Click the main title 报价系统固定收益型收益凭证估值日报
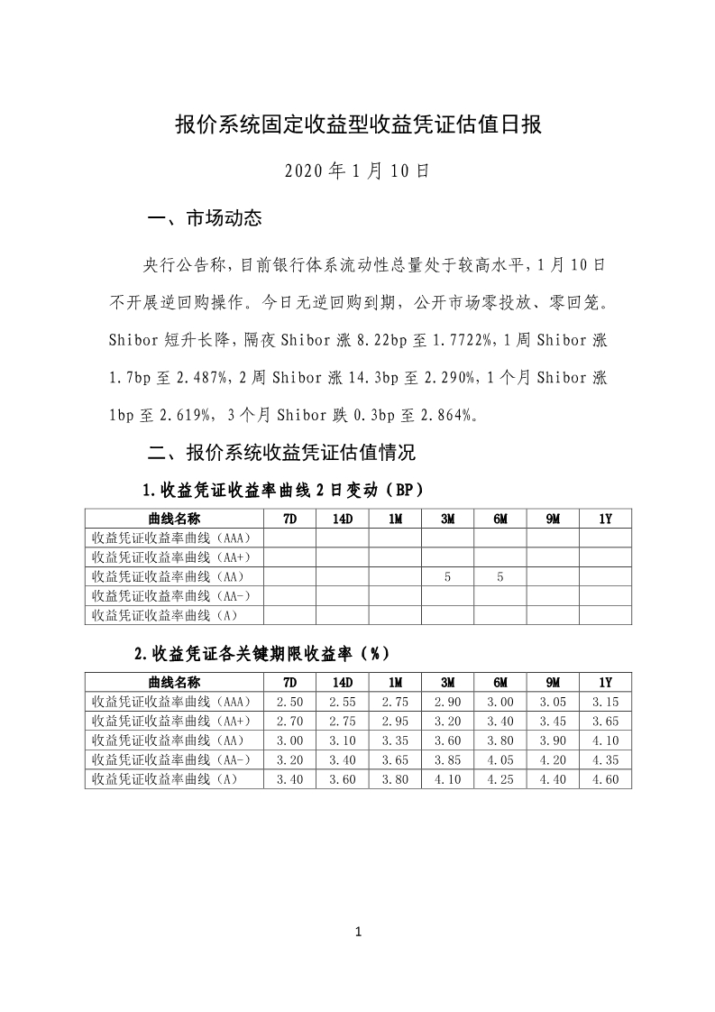pyautogui.click(x=357, y=124)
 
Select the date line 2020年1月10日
pyautogui.click(x=357, y=170)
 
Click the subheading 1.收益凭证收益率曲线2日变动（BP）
pyautogui.click(x=282, y=490)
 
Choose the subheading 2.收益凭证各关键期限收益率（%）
pyautogui.click(x=261, y=653)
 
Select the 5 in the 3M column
pyautogui.click(x=448, y=576)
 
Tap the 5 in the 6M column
pyautogui.click(x=500, y=576)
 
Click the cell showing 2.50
pyautogui.click(x=289, y=701)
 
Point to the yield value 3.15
pyautogui.click(x=605, y=701)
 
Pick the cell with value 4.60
pyautogui.click(x=605, y=780)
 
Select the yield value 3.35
pyautogui.click(x=395, y=741)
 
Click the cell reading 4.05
pyautogui.click(x=500, y=760)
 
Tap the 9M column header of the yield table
pyautogui.click(x=553, y=681)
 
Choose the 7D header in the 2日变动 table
pyautogui.click(x=289, y=518)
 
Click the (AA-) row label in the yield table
pyautogui.click(x=171, y=760)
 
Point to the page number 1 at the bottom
pyautogui.click(x=358, y=932)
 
